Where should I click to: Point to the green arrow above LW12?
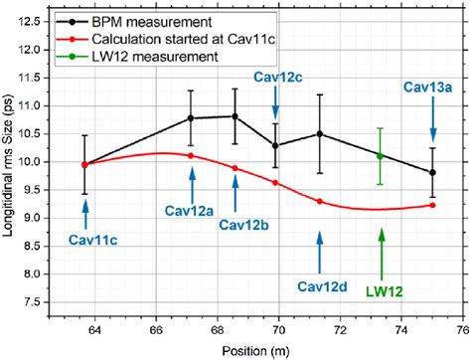coord(381,249)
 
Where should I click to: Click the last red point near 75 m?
coord(432,205)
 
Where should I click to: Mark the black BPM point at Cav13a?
coord(432,172)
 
